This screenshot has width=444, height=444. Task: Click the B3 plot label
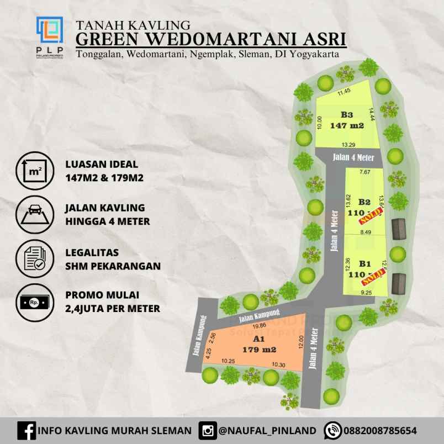(x=346, y=115)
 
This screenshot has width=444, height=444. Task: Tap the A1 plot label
(x=259, y=339)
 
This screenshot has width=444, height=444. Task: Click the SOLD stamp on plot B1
(x=372, y=274)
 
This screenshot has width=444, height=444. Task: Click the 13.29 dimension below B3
(x=348, y=145)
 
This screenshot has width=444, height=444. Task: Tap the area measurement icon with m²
(x=35, y=170)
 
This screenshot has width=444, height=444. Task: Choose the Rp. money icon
(x=35, y=303)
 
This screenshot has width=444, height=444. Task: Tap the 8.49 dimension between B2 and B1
(x=365, y=232)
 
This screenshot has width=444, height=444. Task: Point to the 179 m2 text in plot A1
(x=259, y=350)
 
